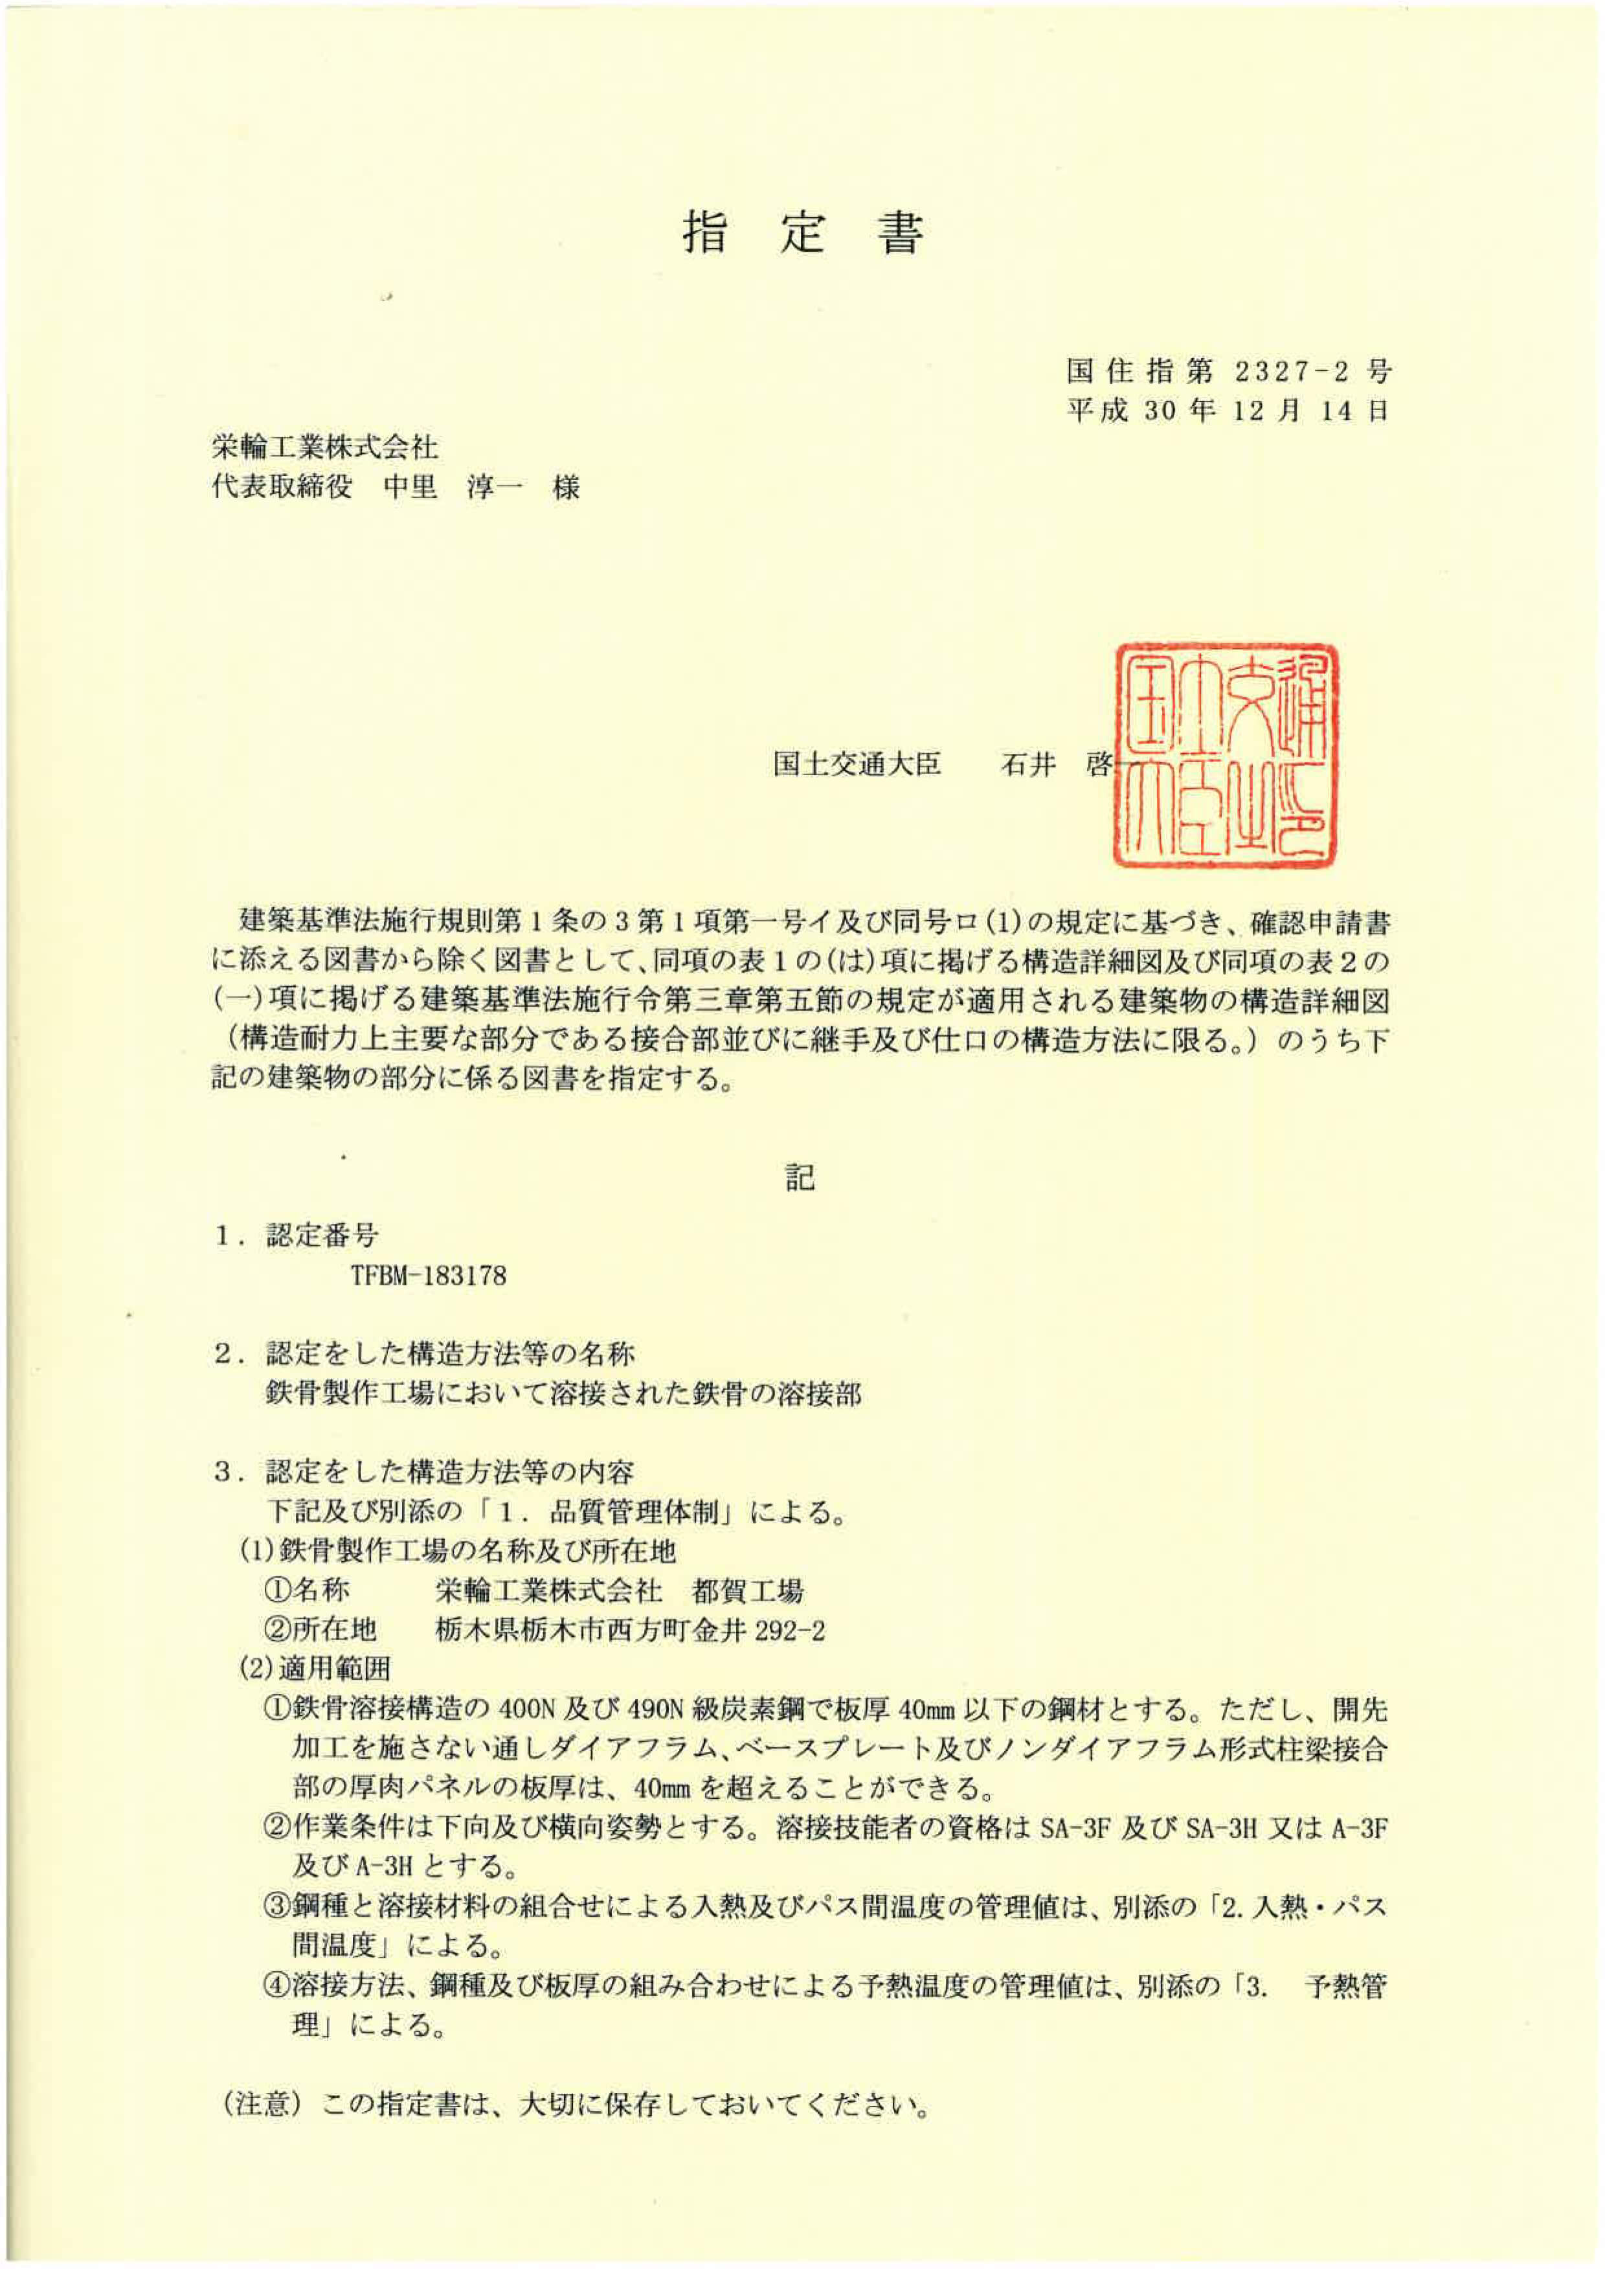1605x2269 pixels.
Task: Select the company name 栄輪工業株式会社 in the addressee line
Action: point(325,447)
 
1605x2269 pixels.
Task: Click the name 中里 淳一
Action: point(453,487)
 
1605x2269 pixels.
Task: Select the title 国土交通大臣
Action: point(857,764)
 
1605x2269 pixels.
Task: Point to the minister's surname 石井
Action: point(1029,764)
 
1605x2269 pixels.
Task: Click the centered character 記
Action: point(800,1177)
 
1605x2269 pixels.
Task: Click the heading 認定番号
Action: point(322,1236)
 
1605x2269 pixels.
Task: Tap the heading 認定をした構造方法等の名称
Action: point(450,1354)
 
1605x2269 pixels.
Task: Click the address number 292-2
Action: point(789,1631)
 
